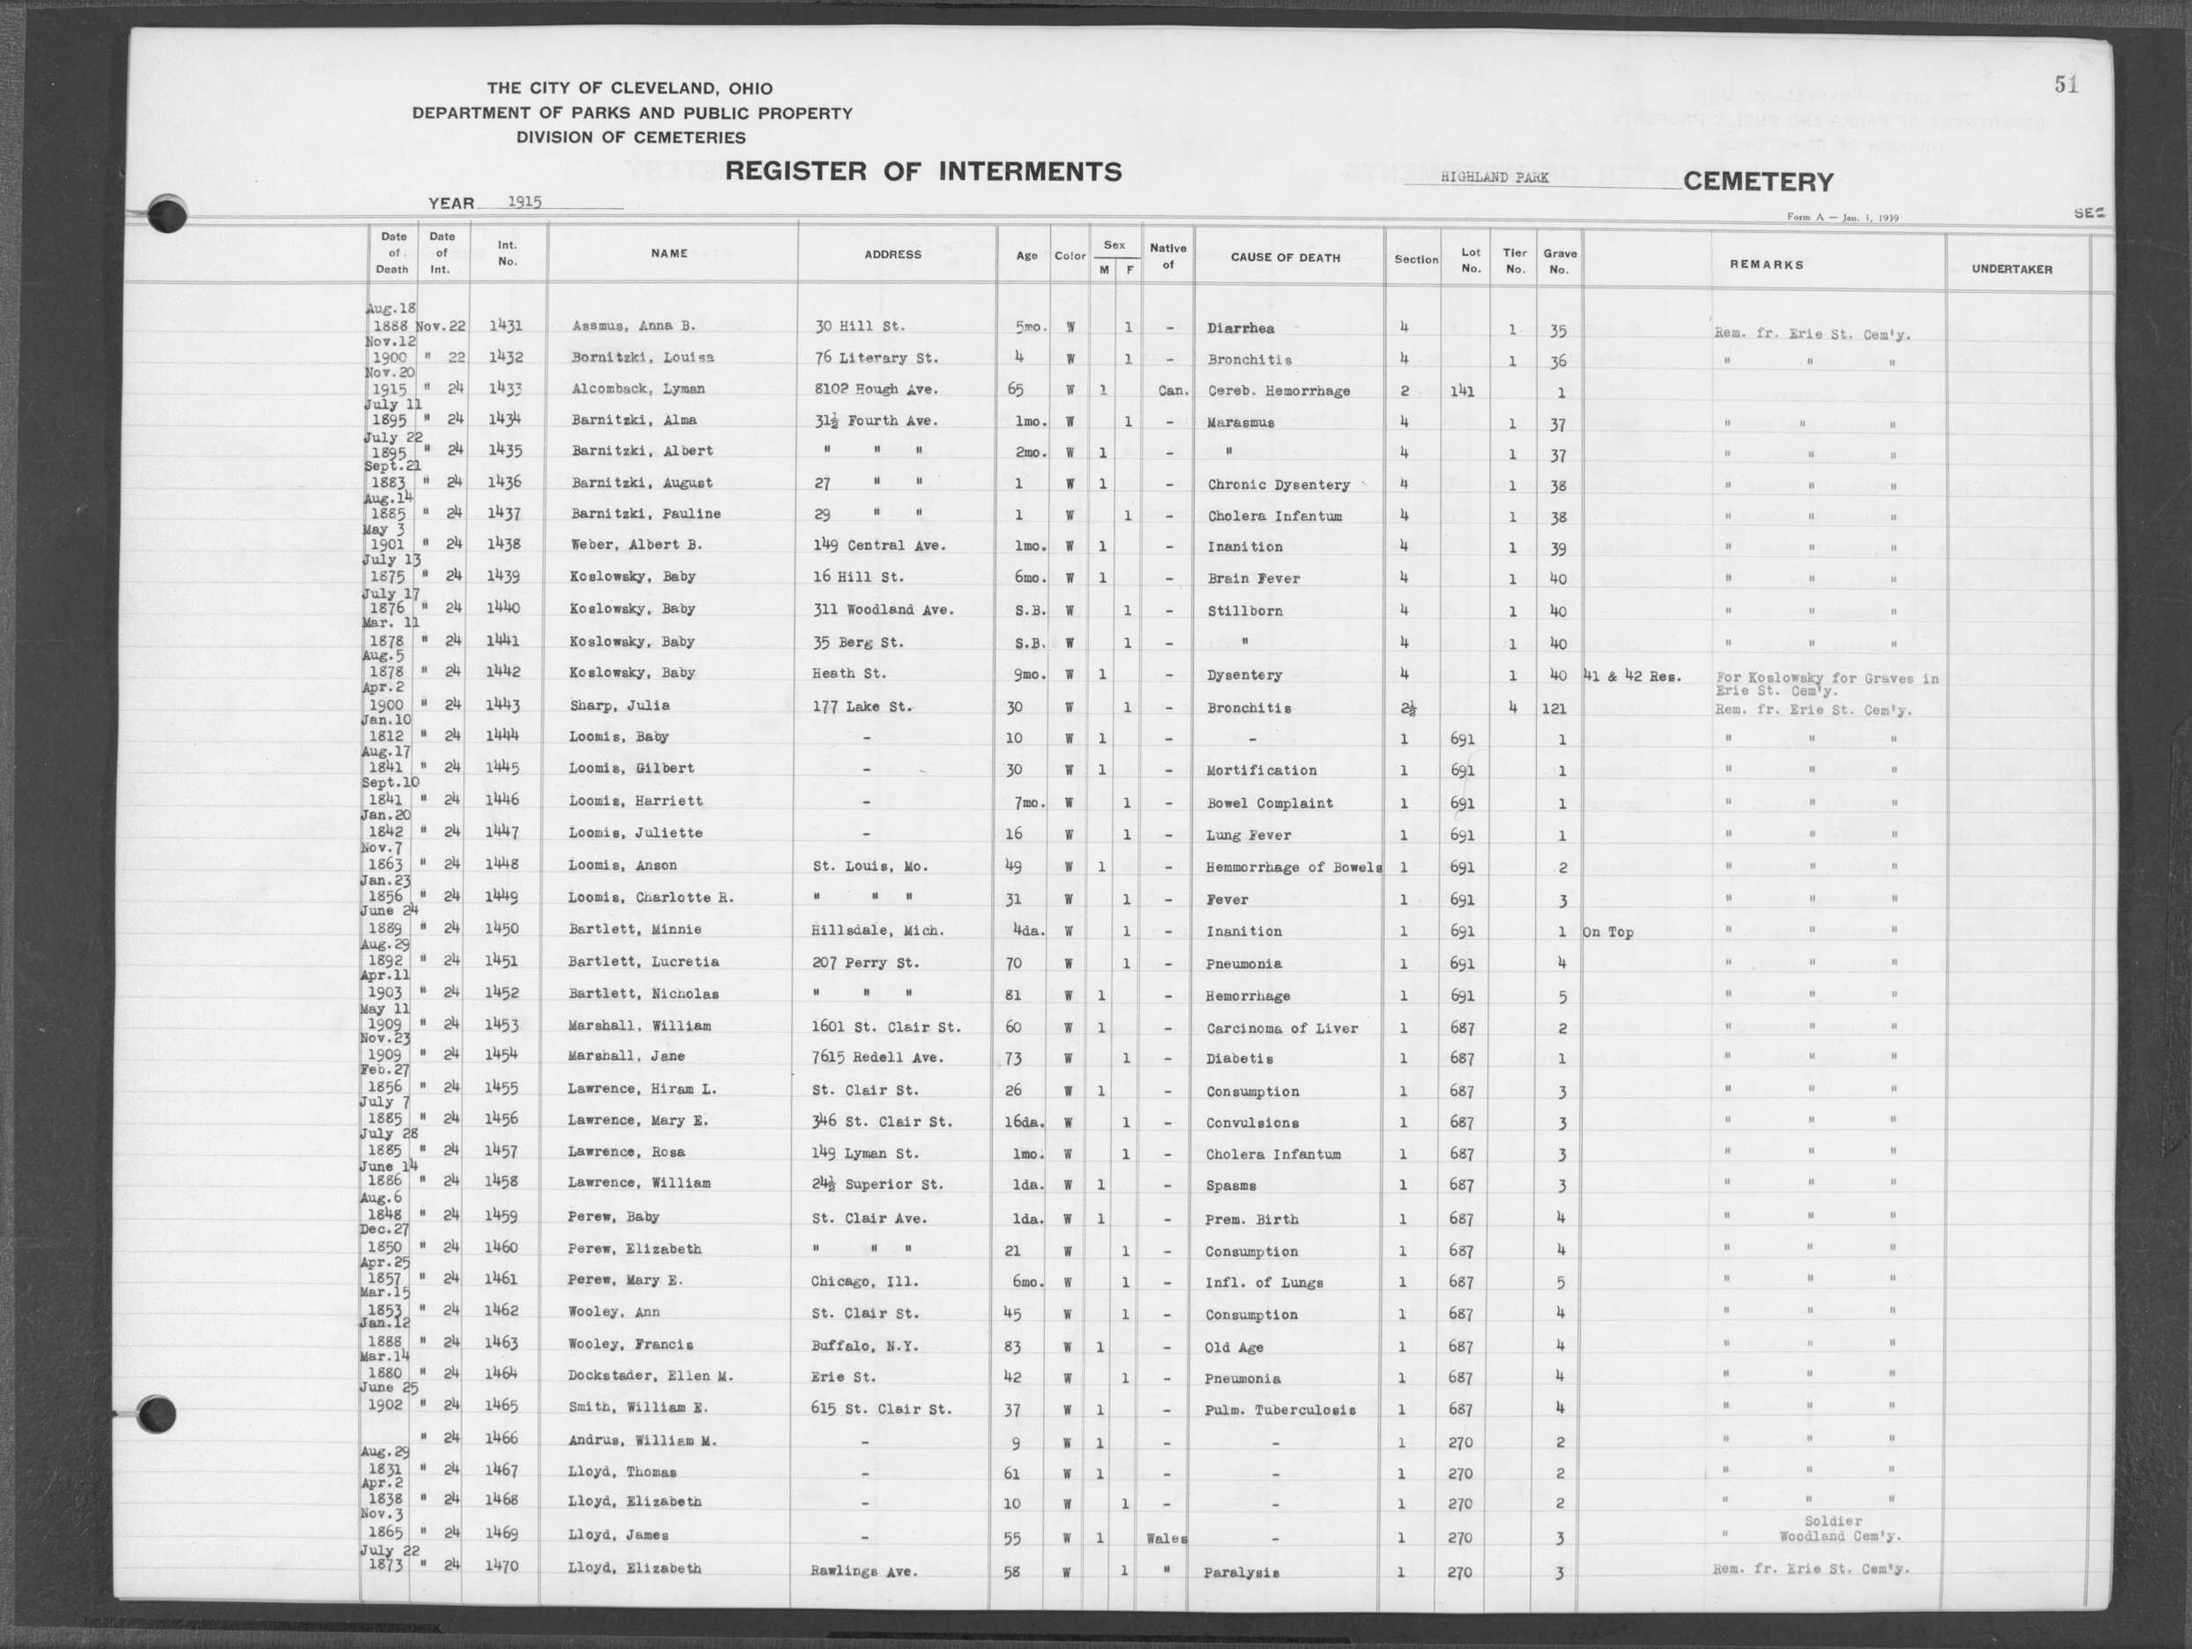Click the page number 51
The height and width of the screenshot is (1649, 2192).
pyautogui.click(x=2065, y=86)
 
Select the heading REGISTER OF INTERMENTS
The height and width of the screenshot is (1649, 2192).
pyautogui.click(x=922, y=171)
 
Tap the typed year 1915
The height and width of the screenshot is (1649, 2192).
pyautogui.click(x=525, y=201)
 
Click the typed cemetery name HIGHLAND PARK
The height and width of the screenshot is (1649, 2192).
pyautogui.click(x=1495, y=177)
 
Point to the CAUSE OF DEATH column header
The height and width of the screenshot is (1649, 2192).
pyautogui.click(x=1285, y=257)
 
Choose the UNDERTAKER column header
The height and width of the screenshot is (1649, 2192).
pyautogui.click(x=2011, y=269)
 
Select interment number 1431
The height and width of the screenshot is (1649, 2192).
pyautogui.click(x=505, y=325)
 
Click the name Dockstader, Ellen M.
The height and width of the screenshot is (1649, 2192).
pyautogui.click(x=650, y=1376)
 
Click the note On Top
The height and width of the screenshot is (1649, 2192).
pyautogui.click(x=1607, y=932)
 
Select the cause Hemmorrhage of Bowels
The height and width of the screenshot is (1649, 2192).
pyautogui.click(x=1294, y=867)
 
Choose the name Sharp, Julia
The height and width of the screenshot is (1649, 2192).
pyautogui.click(x=619, y=705)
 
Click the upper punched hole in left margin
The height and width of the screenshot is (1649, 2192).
pyautogui.click(x=166, y=214)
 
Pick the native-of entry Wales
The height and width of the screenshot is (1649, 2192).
pyautogui.click(x=1166, y=1538)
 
